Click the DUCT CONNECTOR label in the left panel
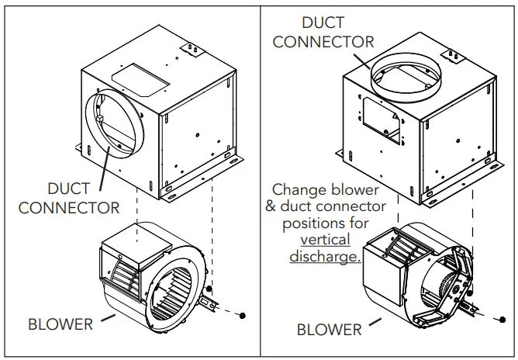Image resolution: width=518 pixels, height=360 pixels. click(69, 198)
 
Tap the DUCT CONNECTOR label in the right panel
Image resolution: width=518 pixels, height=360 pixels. click(323, 32)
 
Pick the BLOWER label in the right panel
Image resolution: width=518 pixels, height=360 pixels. click(329, 330)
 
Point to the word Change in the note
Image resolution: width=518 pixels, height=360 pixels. click(299, 189)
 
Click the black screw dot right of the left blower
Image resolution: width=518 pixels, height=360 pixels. click(243, 316)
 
